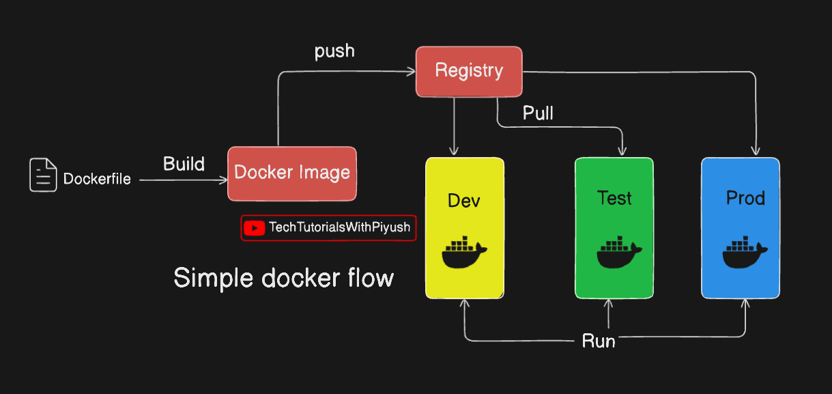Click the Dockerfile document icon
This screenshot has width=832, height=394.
coord(43,175)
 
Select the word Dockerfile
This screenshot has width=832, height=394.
coord(97,180)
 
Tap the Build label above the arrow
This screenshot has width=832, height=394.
coord(184,164)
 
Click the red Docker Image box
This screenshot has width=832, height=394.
coord(292,173)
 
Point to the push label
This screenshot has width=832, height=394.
coord(334,52)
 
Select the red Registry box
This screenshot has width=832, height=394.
coord(469,71)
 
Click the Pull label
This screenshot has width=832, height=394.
coord(538,113)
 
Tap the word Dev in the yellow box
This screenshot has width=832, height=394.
coord(464,200)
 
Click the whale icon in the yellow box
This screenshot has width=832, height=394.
coord(464,253)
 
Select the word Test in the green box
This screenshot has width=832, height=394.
coord(614,198)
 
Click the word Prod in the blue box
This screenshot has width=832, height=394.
coord(745,198)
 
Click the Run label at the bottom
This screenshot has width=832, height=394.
coord(599,341)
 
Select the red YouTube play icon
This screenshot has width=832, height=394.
coord(254,228)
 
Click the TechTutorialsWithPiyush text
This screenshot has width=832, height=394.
coord(340,227)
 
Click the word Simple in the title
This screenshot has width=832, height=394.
coord(212,278)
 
